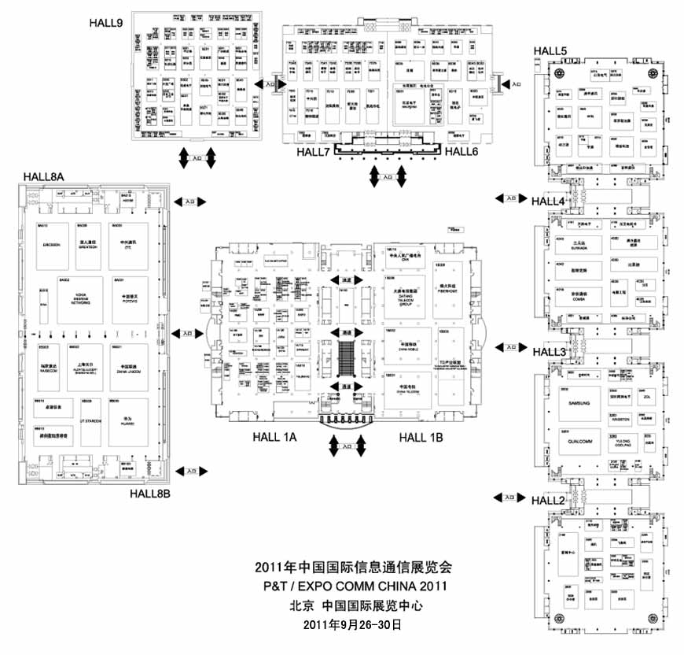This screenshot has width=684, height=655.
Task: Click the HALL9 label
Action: pos(107,24)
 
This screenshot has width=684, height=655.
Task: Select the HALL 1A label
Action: pos(274,437)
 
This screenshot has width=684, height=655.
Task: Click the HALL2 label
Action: pos(548,501)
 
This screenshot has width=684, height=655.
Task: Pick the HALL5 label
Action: pos(550,51)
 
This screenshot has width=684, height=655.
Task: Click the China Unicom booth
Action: pos(129,367)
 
